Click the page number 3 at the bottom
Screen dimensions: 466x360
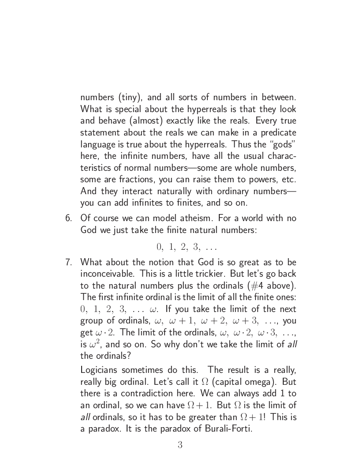pyautogui.click(x=180, y=445)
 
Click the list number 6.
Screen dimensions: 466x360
pyautogui.click(x=68, y=218)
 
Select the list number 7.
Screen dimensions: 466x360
pyautogui.click(x=68, y=262)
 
